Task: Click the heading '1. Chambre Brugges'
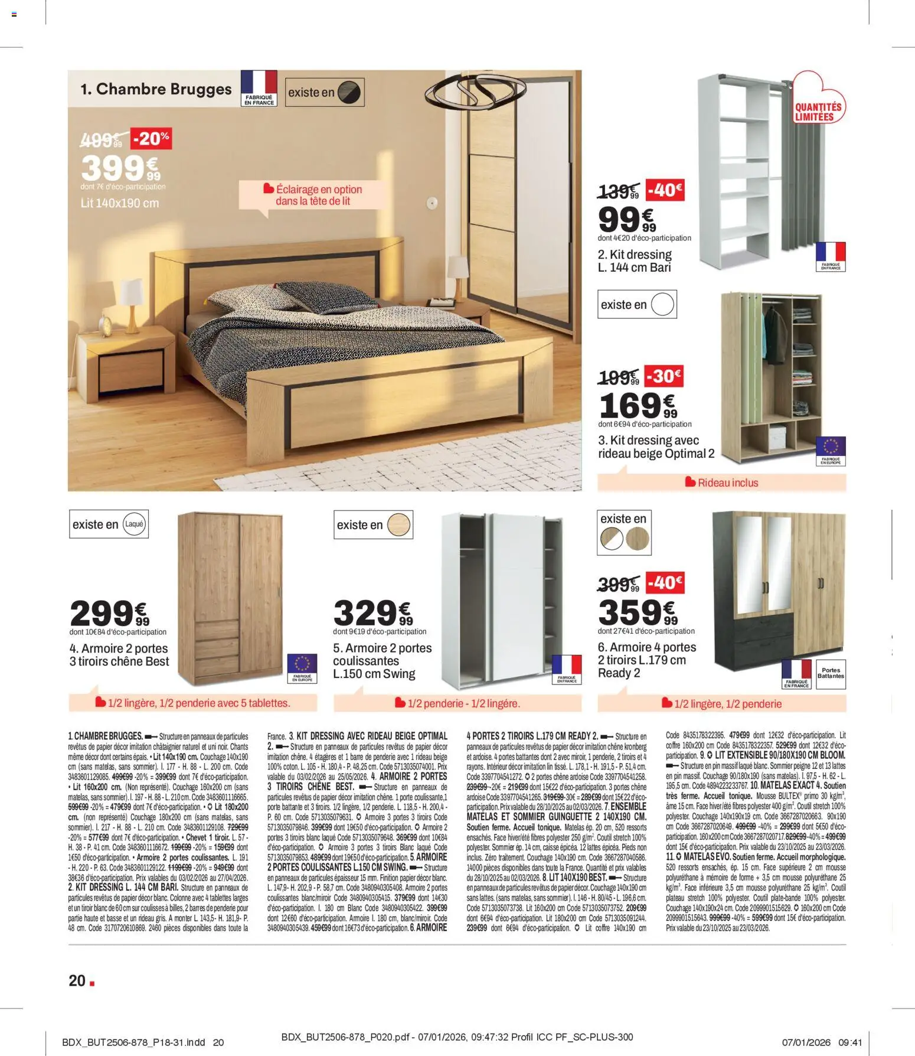coord(156,89)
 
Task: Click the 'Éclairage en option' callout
coord(318,195)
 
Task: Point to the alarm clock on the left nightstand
coord(107,324)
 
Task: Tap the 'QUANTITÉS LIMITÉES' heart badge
coord(818,106)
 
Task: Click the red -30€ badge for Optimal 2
coord(664,376)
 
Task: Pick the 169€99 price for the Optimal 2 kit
coord(638,406)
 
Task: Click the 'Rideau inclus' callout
coord(727,483)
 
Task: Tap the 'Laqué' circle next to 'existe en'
coord(135,524)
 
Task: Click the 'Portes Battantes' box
coord(831,673)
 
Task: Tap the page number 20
coord(77,981)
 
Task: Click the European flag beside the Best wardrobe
coord(302,663)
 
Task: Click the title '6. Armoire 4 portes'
coord(646,647)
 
